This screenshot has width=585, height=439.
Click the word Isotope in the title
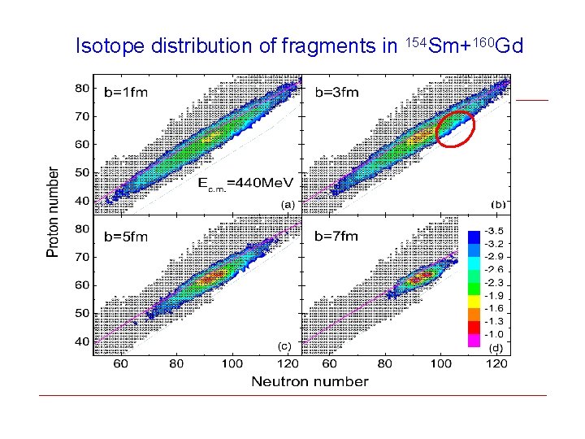click(x=103, y=46)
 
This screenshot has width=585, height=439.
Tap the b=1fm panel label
click(x=126, y=92)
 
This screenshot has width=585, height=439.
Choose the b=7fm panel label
click(x=336, y=237)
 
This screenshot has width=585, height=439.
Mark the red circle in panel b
click(x=455, y=128)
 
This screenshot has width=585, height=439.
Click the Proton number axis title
click(x=54, y=212)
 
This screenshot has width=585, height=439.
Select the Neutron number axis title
click(x=310, y=381)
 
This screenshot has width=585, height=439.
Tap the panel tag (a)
click(x=288, y=205)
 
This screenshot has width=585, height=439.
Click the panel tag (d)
click(x=496, y=347)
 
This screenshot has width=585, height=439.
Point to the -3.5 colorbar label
click(x=495, y=232)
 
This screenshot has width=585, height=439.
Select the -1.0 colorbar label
click(x=495, y=334)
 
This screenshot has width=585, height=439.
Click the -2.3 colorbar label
click(x=495, y=283)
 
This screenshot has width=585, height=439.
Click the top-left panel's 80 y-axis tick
click(x=83, y=88)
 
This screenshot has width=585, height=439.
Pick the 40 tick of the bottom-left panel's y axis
click(x=83, y=342)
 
